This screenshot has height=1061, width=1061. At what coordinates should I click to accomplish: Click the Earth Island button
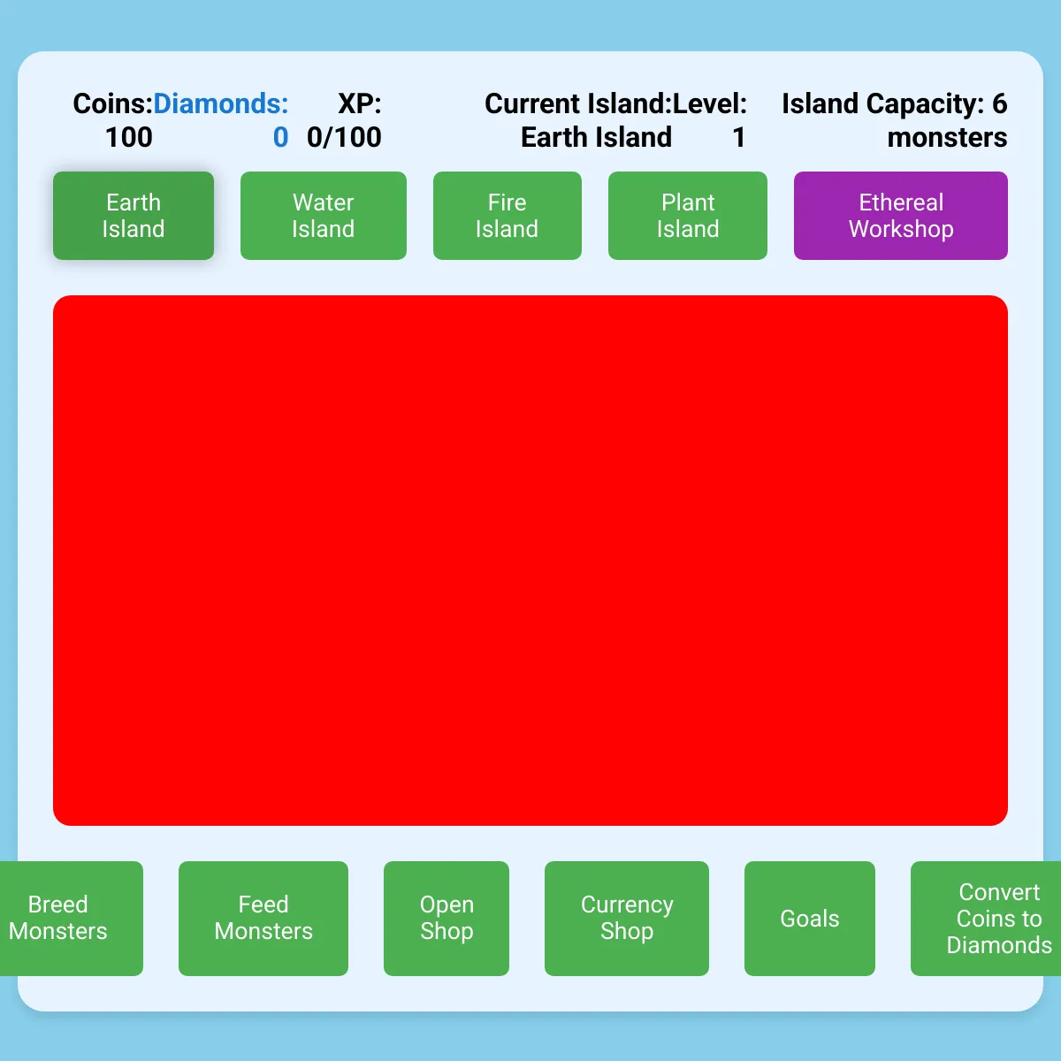[134, 215]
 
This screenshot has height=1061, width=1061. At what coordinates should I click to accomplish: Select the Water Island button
[324, 215]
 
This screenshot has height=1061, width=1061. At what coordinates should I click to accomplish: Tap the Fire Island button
[508, 215]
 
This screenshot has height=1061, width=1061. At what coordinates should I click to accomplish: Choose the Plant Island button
[688, 215]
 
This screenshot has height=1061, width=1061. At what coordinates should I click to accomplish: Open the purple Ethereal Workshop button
[901, 215]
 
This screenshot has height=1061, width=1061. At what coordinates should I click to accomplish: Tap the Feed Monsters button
[263, 919]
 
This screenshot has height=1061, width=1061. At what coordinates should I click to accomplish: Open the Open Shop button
[447, 919]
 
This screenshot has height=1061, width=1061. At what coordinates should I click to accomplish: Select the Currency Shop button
[627, 919]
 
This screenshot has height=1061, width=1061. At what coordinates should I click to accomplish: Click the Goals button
[809, 919]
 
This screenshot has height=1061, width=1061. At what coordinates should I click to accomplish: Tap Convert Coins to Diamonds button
[986, 919]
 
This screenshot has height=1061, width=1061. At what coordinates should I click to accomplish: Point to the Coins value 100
[129, 137]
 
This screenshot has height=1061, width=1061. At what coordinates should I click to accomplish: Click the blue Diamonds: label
[221, 103]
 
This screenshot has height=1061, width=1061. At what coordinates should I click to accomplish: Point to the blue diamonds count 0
[281, 137]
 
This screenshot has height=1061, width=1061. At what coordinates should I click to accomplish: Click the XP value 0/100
[344, 137]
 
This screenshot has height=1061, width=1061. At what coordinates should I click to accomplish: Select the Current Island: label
[578, 103]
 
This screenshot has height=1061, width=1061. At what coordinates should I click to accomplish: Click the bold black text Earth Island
[596, 137]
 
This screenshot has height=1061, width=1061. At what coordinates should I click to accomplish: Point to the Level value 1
[739, 137]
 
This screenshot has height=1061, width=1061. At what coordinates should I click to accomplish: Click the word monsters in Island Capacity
[947, 137]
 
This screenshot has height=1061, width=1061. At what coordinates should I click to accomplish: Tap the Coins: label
[113, 103]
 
